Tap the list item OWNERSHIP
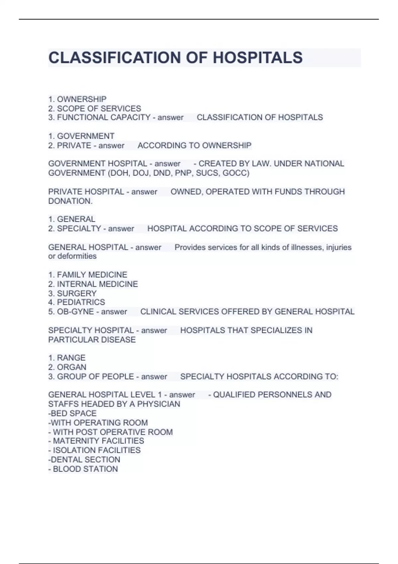coord(82,99)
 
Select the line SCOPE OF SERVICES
coord(99,108)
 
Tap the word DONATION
coord(70,201)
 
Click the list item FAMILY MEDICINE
coord(92,275)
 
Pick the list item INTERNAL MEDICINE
coord(97,284)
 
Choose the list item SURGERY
coord(77,293)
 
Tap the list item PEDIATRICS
coord(81,302)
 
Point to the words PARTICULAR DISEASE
coord(92,340)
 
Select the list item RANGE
coord(71,358)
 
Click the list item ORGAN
coord(71,367)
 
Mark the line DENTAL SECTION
coord(85,459)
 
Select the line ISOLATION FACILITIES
coord(97,450)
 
